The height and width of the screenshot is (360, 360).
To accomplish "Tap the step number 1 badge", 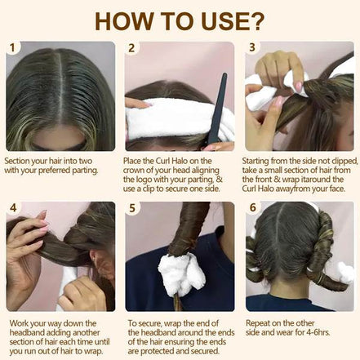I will pos(12,48).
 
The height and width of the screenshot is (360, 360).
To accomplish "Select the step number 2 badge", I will pos(132,48).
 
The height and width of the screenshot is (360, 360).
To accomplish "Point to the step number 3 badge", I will pos(252,48).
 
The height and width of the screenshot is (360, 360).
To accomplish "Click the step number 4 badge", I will pos(12,208).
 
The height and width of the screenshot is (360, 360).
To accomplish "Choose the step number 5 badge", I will pos(132,208).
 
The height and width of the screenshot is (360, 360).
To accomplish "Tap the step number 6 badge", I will pos(252,208).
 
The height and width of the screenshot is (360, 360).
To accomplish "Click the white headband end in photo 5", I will pos(181,274).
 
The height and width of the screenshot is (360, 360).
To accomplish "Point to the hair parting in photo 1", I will pos(61,90).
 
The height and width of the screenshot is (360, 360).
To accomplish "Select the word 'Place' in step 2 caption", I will pos(136,162).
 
